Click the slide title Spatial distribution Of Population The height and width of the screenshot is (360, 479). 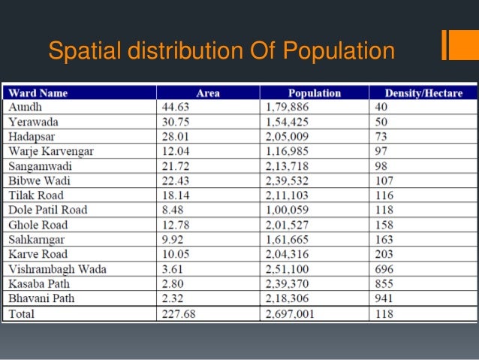pos(221,51)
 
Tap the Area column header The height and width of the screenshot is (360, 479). pos(207,93)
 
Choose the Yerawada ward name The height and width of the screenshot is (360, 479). pos(33,122)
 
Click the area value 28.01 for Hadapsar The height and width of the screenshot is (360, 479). pos(172,137)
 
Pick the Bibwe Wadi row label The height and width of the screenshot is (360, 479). pos(36,180)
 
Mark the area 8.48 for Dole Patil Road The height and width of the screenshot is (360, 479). pos(169,210)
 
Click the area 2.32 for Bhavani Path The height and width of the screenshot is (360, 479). pos(169,298)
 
